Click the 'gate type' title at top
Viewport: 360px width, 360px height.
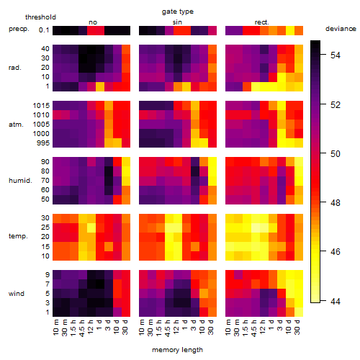click(x=178, y=12)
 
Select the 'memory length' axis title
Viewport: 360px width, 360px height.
click(x=177, y=350)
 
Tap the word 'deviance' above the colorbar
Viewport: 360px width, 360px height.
click(x=341, y=29)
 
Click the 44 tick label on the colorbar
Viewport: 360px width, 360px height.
click(x=336, y=301)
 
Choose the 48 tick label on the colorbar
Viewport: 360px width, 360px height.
click(x=336, y=203)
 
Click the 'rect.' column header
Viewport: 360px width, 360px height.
click(x=262, y=22)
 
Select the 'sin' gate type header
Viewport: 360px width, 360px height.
click(x=177, y=22)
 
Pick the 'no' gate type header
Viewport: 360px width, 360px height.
click(x=93, y=22)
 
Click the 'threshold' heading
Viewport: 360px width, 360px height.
click(x=40, y=17)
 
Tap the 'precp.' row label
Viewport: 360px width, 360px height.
click(x=19, y=29)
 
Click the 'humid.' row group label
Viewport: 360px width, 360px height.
click(x=20, y=181)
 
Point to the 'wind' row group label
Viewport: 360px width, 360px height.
click(x=17, y=294)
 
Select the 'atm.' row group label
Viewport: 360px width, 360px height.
click(x=16, y=125)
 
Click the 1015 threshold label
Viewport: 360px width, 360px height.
click(x=41, y=106)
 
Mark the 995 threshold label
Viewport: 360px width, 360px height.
click(x=43, y=143)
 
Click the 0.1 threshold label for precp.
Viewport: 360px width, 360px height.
click(x=44, y=30)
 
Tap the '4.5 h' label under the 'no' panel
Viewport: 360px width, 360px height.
click(x=81, y=328)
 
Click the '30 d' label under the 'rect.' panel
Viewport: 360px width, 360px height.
click(x=297, y=327)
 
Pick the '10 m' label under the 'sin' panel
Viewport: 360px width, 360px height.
click(x=142, y=328)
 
